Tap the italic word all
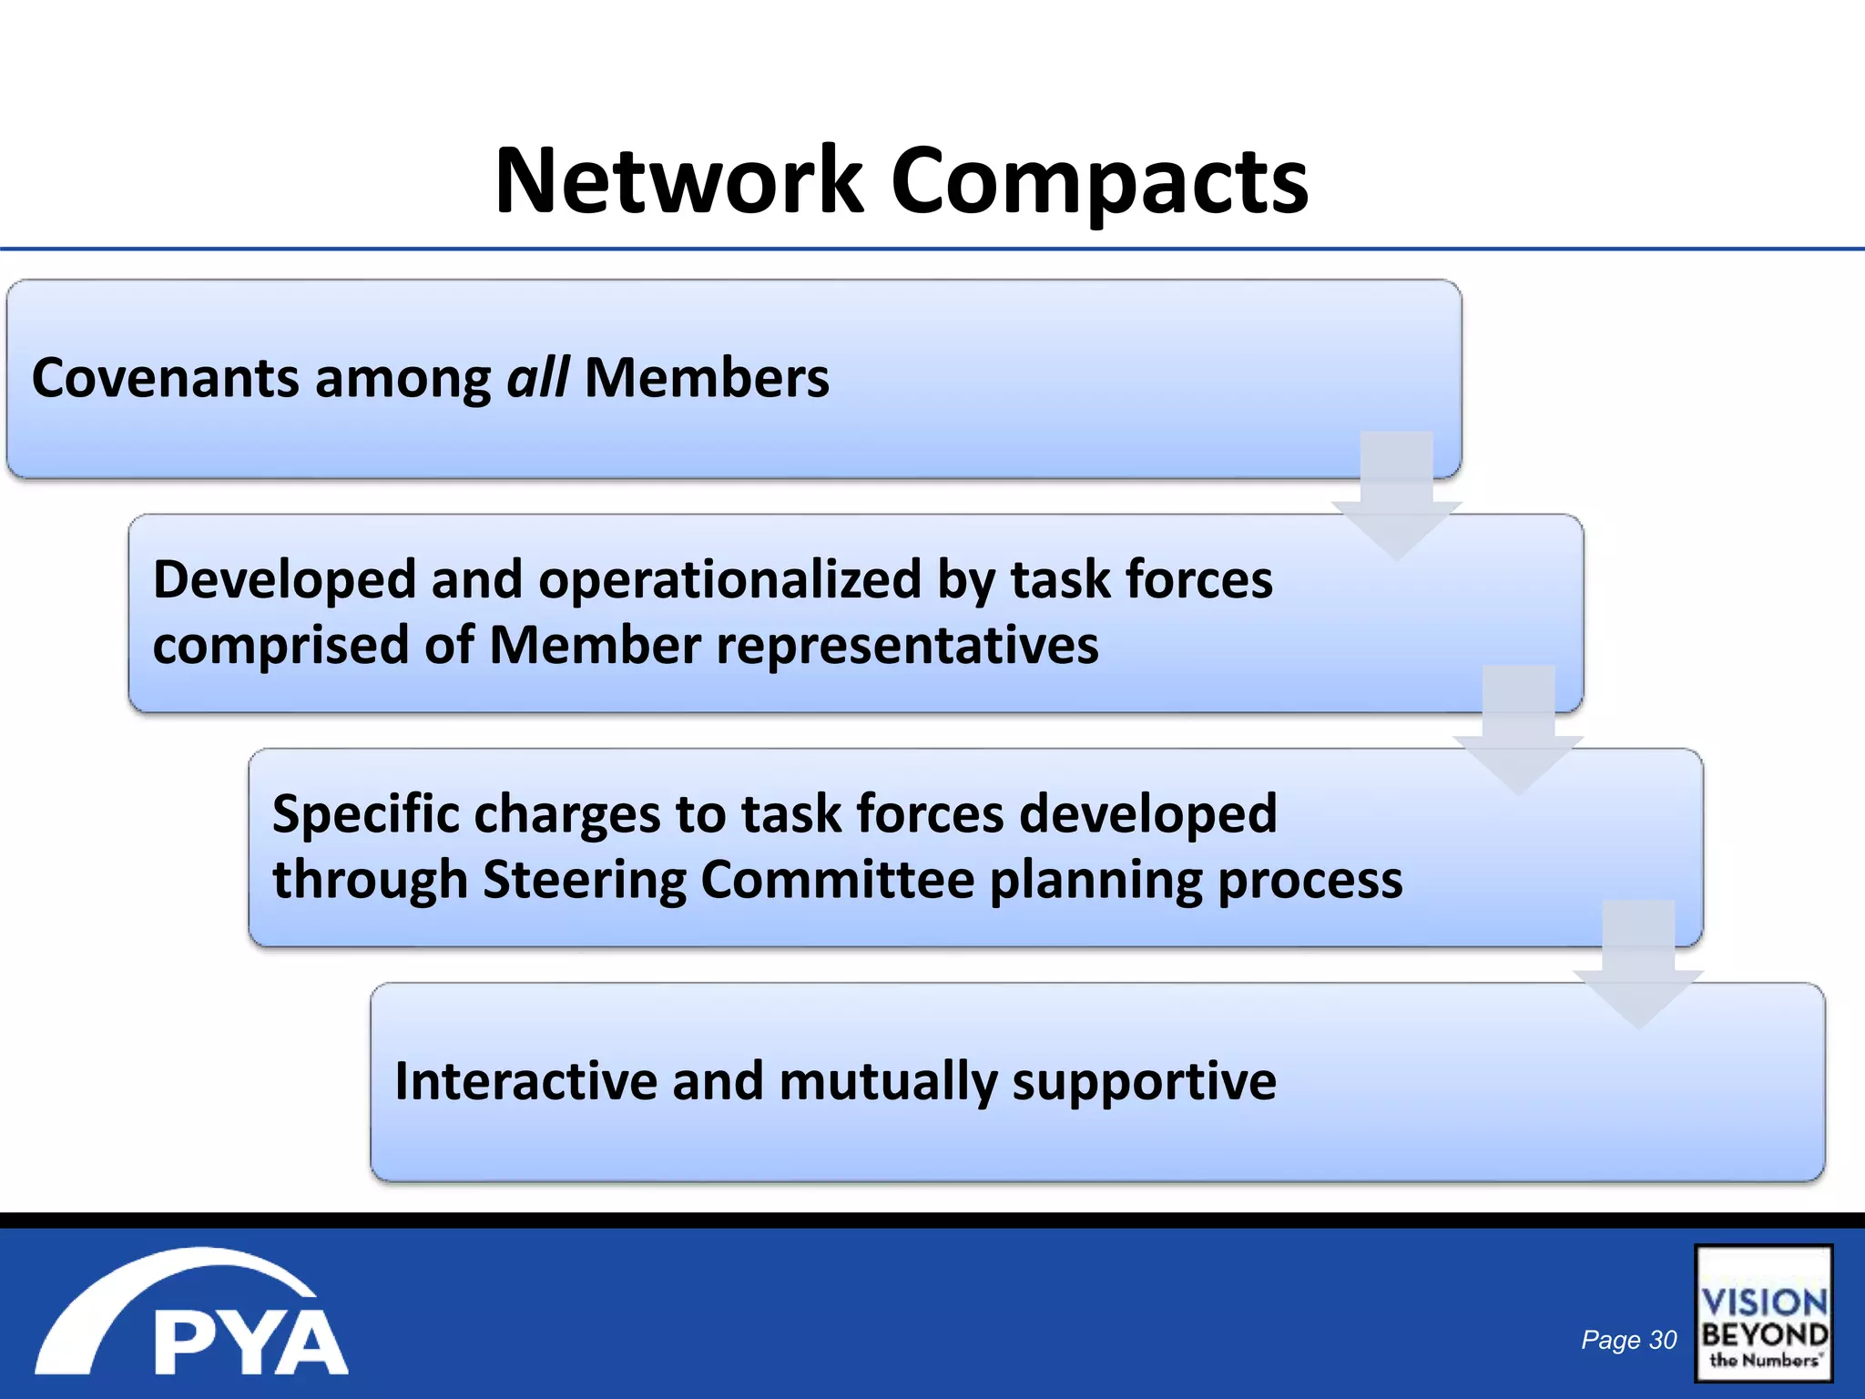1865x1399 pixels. point(537,377)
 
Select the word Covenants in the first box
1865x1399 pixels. point(165,377)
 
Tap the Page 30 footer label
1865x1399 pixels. point(1628,1340)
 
